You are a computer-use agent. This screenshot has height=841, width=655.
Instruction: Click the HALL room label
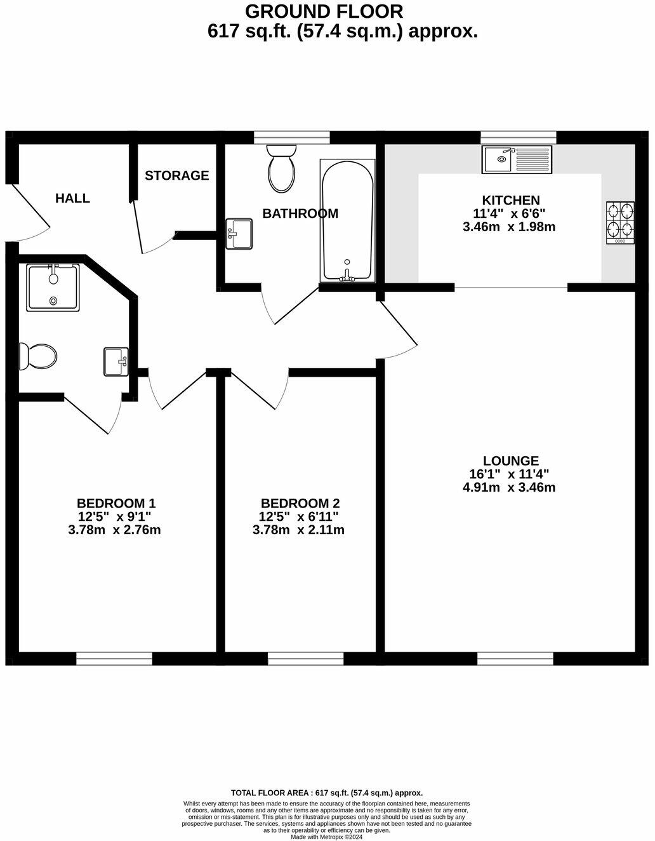click(x=72, y=198)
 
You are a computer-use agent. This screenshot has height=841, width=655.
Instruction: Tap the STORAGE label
click(x=176, y=175)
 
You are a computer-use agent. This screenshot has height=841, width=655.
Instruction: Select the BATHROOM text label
click(x=300, y=213)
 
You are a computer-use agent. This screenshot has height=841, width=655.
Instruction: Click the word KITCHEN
click(x=510, y=200)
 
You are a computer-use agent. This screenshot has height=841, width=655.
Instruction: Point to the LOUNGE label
click(x=510, y=461)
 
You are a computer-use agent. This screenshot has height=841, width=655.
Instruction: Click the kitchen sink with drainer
click(x=517, y=159)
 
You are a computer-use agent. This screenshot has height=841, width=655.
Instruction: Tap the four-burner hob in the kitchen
click(x=620, y=222)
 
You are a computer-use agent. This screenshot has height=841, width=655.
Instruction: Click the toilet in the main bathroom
click(x=281, y=168)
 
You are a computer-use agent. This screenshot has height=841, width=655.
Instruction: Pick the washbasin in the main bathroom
click(x=240, y=233)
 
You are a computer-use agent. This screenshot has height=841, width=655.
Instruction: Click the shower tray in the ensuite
click(x=53, y=288)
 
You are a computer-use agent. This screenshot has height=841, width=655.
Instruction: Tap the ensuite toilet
click(x=37, y=356)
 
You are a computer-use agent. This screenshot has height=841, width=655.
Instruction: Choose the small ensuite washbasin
click(x=116, y=361)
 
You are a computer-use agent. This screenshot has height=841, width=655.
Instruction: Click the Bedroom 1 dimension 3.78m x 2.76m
click(x=114, y=530)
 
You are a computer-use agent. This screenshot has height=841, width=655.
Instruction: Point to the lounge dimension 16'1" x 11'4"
click(x=509, y=474)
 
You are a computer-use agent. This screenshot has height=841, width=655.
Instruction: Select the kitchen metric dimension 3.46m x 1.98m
click(x=509, y=227)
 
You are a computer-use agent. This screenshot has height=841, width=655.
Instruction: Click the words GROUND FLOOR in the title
click(x=324, y=11)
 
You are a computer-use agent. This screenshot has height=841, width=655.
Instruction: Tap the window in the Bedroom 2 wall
click(x=305, y=659)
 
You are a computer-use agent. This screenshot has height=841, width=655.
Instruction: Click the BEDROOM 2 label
click(x=298, y=503)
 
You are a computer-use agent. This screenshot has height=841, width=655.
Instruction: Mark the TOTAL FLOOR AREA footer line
click(x=327, y=793)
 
